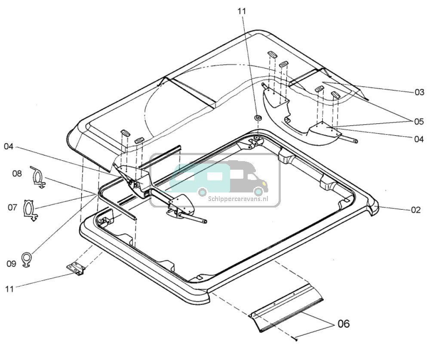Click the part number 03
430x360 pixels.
coord(419,92)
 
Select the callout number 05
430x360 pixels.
coord(419,122)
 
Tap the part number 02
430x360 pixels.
coord(415,210)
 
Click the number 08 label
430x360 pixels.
coord(17,174)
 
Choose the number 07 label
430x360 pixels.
coord(12,207)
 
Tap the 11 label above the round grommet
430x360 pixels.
coord(242,11)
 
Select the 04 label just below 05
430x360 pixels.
coord(419,139)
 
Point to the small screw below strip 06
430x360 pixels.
coord(296,339)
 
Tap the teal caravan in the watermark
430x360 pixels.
coord(197,177)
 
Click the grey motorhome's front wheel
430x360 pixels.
coord(258,191)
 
